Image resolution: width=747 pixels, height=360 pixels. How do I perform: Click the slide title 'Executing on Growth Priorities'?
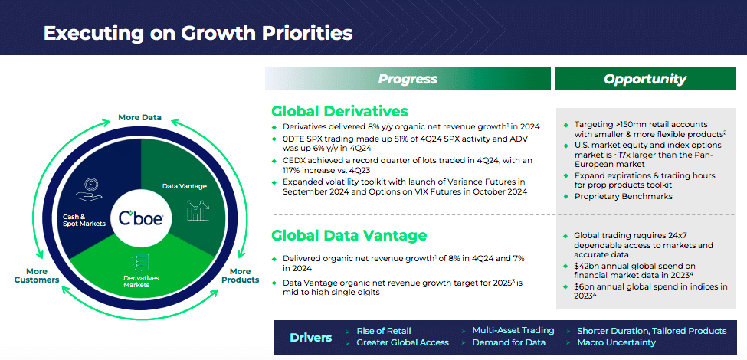[198, 34]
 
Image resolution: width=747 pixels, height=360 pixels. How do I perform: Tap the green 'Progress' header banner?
[408, 79]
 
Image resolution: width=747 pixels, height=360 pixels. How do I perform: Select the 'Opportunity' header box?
[646, 79]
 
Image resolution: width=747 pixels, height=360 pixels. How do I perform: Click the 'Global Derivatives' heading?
[339, 111]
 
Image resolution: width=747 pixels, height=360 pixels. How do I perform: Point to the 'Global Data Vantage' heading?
[349, 235]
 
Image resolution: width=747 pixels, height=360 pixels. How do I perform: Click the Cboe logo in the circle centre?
[141, 219]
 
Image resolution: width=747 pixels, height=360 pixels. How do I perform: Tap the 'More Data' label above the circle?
[140, 117]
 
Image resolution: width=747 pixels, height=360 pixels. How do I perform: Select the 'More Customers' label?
[37, 276]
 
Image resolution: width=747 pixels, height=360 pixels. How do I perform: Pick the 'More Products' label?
[241, 276]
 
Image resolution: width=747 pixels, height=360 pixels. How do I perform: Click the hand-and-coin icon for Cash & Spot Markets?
[90, 188]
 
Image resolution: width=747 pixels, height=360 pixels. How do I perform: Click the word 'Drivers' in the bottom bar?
[310, 338]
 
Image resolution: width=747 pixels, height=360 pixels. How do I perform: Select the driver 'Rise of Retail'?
[384, 331]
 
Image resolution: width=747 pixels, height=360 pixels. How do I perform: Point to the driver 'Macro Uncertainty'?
[617, 342]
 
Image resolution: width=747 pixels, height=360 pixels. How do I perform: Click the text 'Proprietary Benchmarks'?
[623, 196]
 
